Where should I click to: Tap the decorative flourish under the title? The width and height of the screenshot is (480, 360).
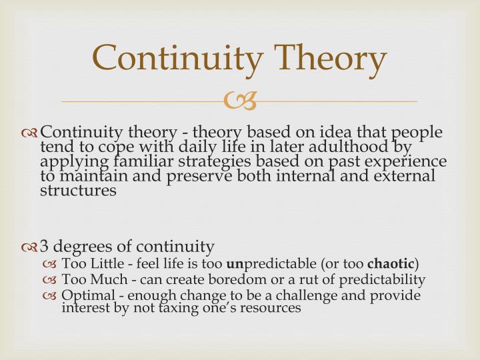coord(239,101)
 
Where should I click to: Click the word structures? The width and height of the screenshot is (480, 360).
coord(78,191)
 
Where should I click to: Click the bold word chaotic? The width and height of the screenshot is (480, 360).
coord(391,264)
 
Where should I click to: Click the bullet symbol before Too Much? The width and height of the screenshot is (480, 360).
coord(51,280)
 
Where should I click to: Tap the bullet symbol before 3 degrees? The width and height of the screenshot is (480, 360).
coord(30,247)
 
